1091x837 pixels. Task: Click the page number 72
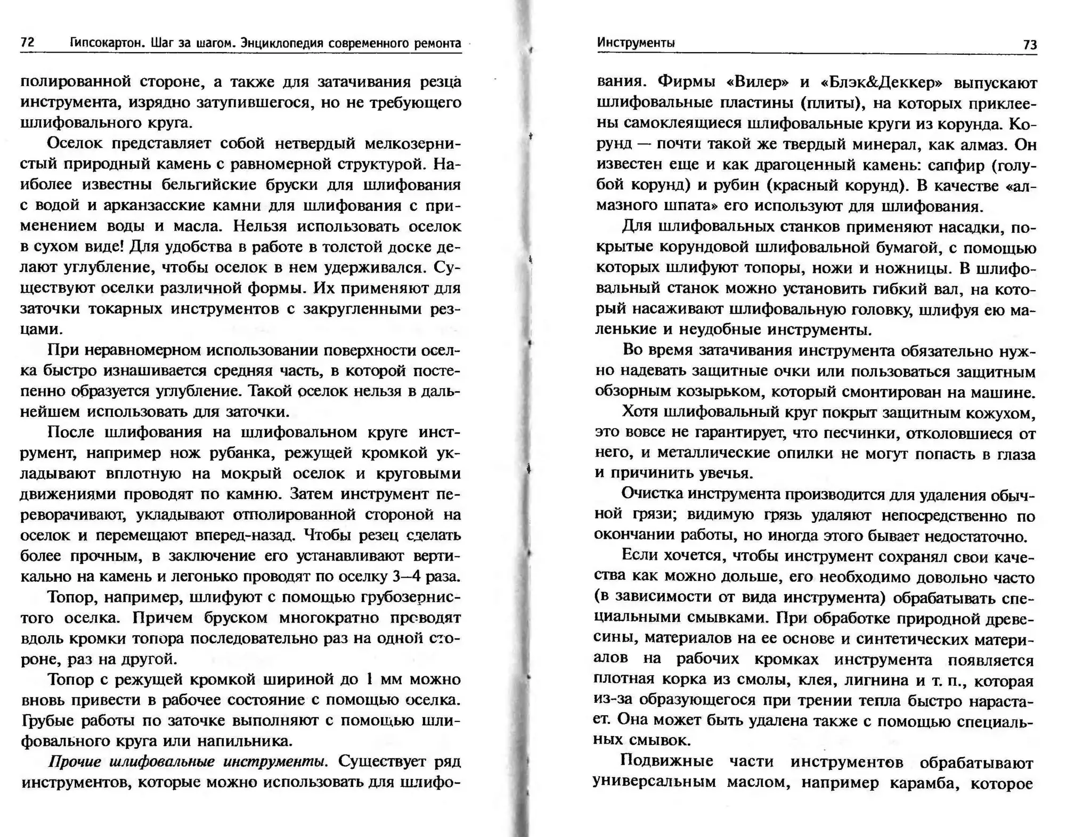pyautogui.click(x=28, y=43)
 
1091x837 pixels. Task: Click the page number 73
pyautogui.click(x=1030, y=45)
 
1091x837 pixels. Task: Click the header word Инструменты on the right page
pyautogui.click(x=636, y=43)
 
